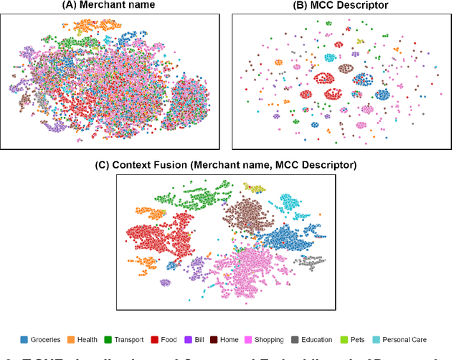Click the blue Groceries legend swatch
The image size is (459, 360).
click(24, 339)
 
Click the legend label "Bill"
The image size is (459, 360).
click(201, 339)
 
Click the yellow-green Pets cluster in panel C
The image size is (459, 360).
click(255, 188)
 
